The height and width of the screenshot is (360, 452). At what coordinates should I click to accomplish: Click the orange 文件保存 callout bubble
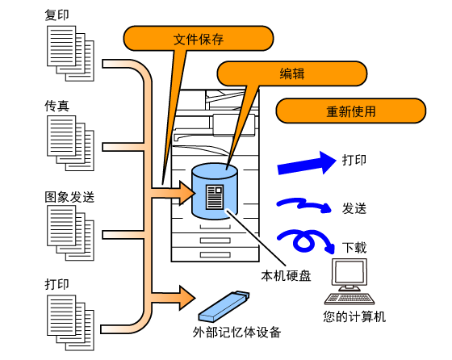[199, 38]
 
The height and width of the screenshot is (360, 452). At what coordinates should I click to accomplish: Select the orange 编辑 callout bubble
[291, 73]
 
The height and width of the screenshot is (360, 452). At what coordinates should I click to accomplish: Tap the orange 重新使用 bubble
[351, 111]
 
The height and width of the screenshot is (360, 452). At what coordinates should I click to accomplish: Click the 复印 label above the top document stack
[56, 15]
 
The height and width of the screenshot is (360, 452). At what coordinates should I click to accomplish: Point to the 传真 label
[56, 106]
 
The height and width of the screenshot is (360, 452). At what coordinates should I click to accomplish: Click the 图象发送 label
[69, 197]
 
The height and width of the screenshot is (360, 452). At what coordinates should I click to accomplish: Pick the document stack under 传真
[70, 143]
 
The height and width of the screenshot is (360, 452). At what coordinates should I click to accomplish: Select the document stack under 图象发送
[70, 233]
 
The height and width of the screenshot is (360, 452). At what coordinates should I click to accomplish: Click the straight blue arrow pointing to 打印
[307, 164]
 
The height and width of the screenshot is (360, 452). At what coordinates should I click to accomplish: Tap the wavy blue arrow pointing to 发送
[303, 204]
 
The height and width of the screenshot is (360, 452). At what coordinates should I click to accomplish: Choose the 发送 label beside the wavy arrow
[354, 208]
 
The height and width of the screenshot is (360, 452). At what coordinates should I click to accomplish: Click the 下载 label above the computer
[354, 248]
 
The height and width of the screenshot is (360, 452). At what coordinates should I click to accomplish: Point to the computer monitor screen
[349, 272]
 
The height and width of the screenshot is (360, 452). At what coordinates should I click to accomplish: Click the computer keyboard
[349, 299]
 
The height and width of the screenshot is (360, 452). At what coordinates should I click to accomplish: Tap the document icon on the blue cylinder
[215, 197]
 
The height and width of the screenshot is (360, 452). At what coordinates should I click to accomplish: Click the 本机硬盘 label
[286, 276]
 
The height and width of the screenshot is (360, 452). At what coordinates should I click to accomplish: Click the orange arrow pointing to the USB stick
[173, 298]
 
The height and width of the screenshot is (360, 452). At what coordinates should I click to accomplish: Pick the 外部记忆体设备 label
[236, 333]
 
